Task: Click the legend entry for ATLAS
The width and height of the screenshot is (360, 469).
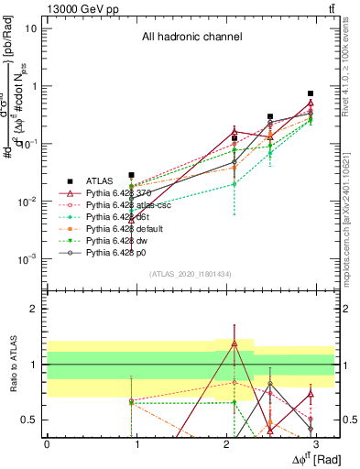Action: point(101,181)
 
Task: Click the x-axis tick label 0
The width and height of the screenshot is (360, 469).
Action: point(47,443)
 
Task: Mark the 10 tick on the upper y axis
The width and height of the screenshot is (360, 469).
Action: point(32,27)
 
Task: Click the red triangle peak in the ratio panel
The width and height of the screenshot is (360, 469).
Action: point(235,344)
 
